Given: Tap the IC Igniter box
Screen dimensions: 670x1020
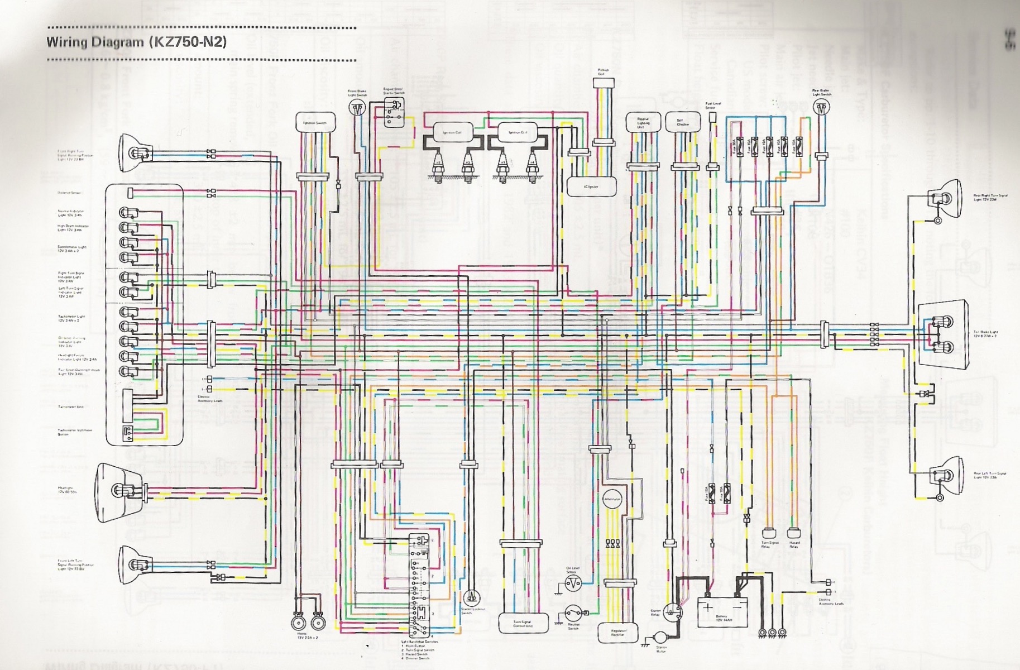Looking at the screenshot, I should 591,186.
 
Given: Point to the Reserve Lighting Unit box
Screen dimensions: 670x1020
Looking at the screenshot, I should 643,123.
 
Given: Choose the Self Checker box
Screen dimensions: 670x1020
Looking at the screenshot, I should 683,123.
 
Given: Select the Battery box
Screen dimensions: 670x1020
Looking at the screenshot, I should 722,611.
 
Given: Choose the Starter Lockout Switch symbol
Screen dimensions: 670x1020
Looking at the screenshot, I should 472,598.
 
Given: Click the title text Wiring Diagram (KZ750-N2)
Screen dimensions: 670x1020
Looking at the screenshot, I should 137,42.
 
